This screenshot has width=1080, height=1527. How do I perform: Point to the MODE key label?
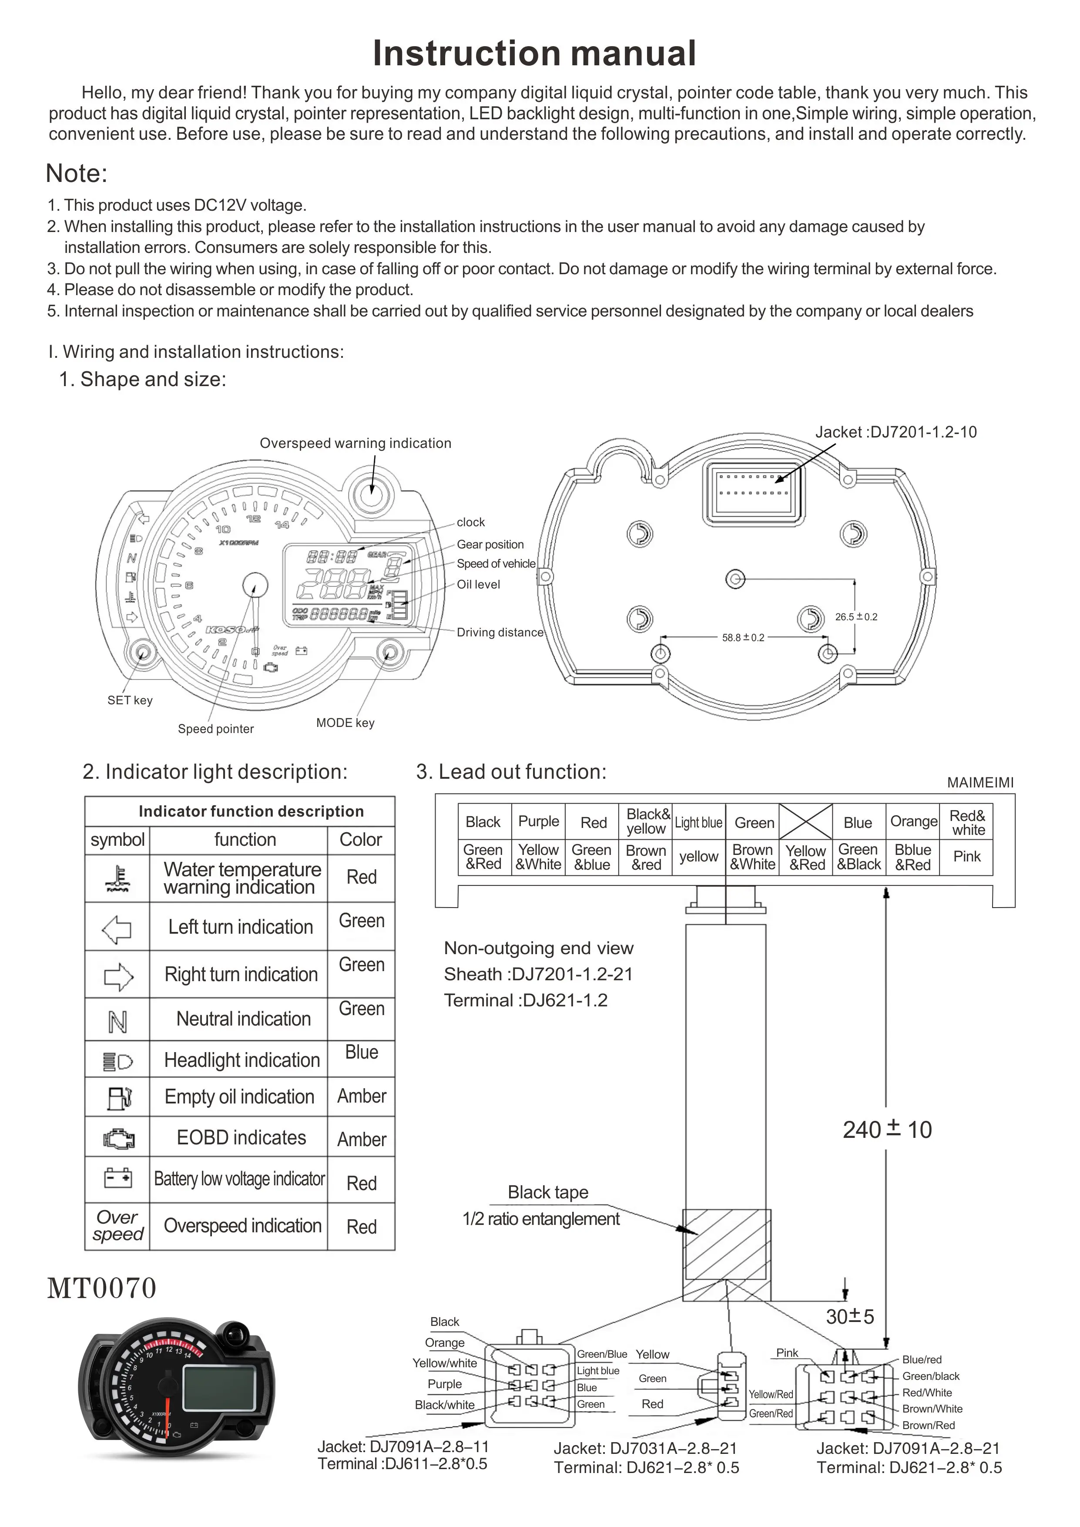345,723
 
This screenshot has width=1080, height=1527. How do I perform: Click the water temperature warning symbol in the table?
118,878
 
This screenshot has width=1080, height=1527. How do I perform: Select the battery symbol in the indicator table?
118,1179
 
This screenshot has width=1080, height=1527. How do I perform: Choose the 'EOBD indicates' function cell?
241,1138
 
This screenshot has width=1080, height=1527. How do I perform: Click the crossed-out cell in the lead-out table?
805,821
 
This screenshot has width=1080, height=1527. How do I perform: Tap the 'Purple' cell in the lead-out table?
539,821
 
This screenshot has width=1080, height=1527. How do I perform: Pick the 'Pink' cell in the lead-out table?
967,857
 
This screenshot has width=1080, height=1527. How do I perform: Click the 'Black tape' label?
548,1192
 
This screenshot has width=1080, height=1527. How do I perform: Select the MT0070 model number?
102,1288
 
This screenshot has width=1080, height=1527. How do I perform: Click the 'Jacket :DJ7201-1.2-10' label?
896,432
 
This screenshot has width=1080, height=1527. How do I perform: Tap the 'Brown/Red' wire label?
929,1425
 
